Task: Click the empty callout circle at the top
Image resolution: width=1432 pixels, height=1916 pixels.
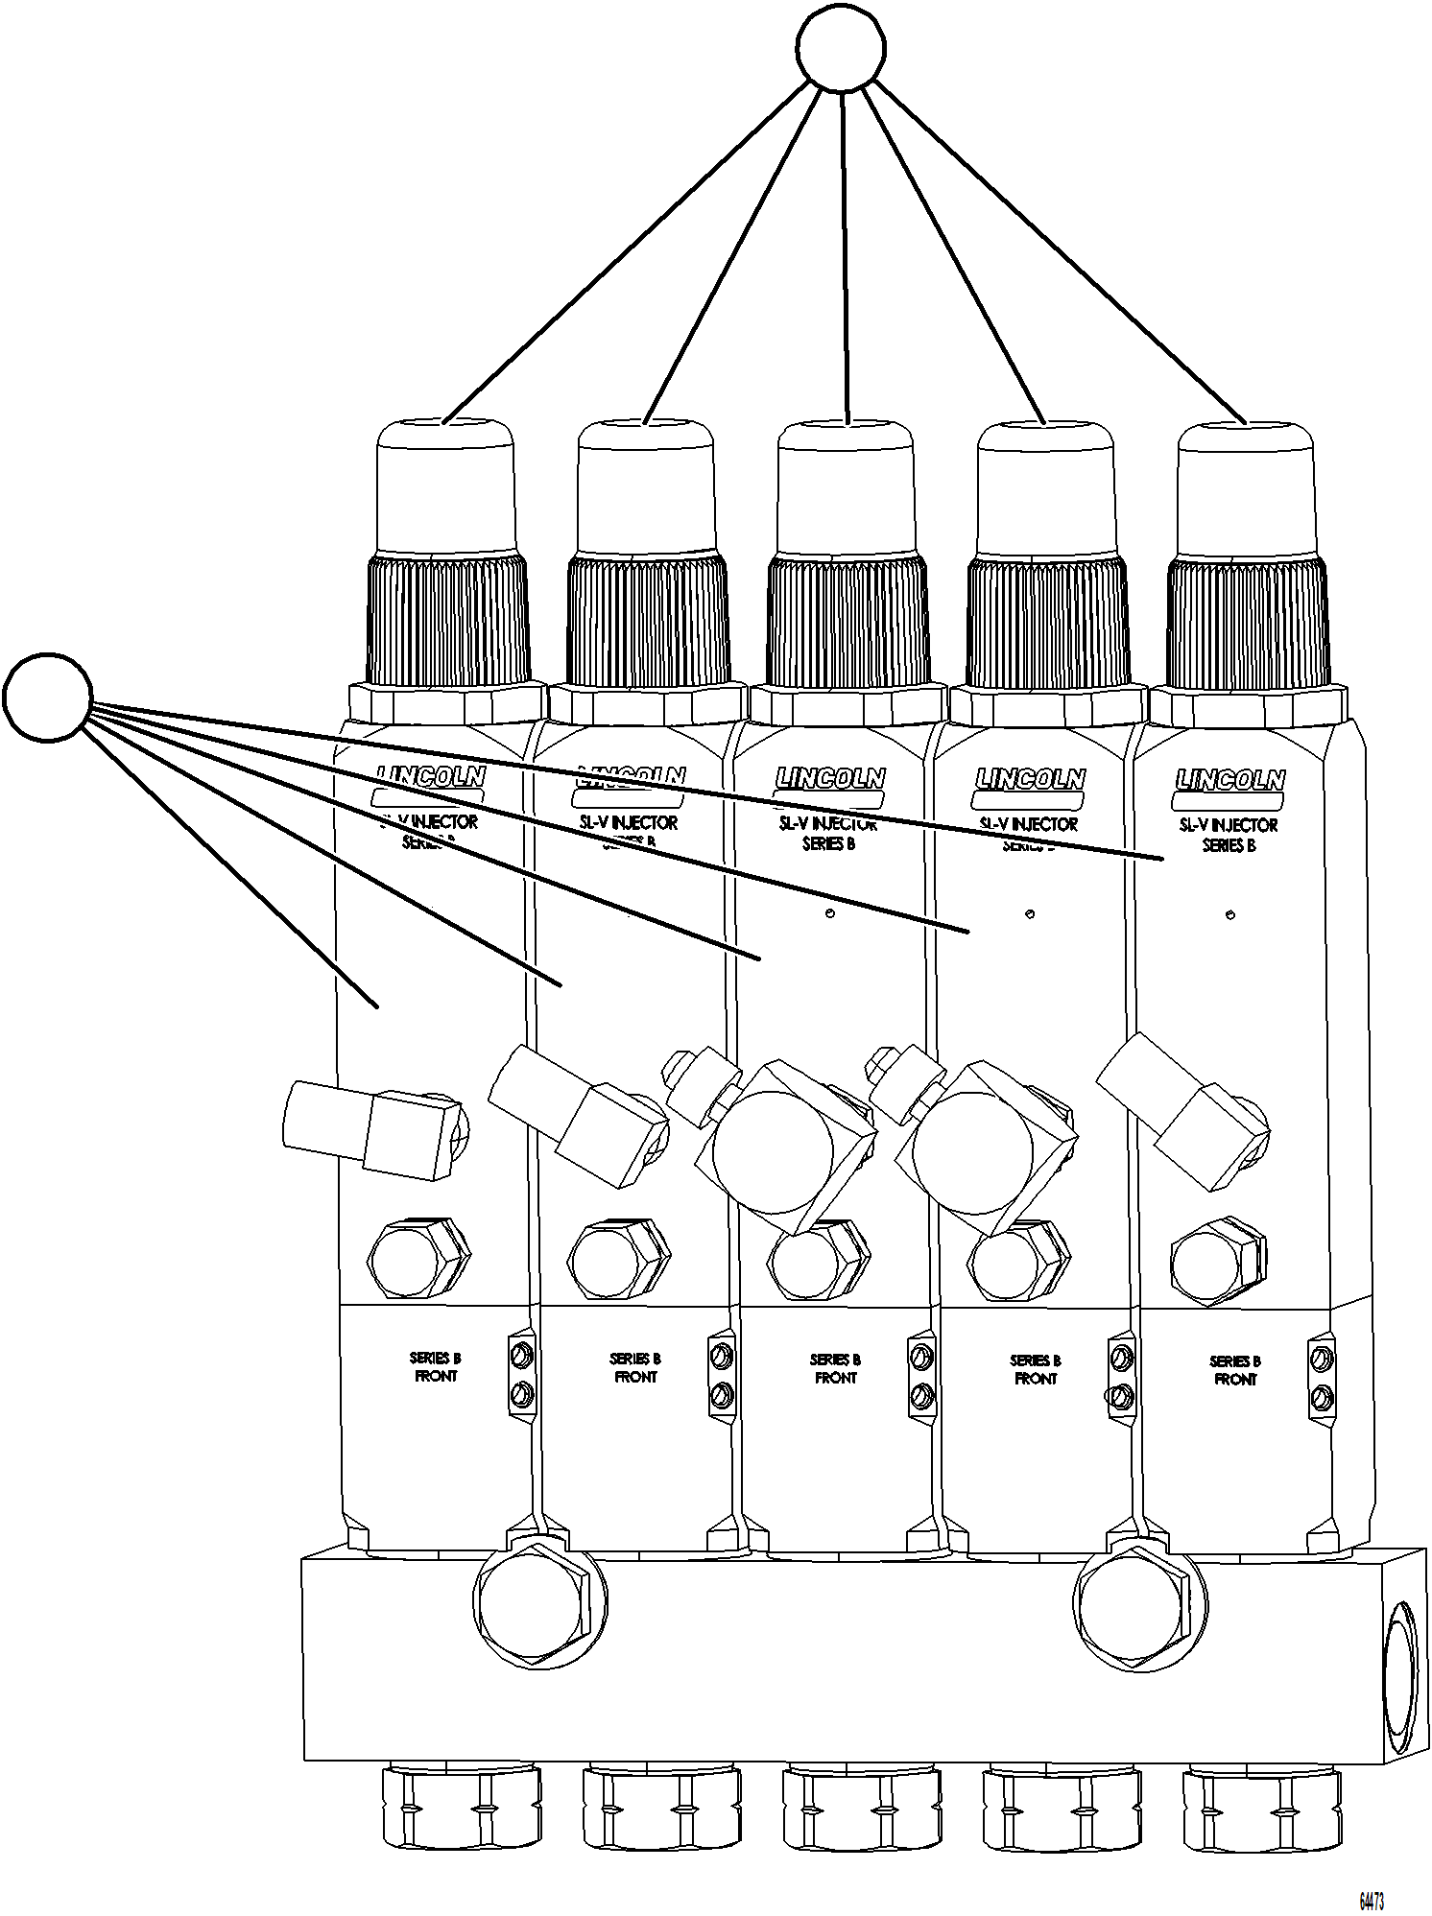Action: [x=842, y=48]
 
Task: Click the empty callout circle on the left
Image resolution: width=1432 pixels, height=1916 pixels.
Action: [x=48, y=697]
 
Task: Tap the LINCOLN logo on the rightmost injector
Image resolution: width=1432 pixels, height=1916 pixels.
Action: [x=1229, y=779]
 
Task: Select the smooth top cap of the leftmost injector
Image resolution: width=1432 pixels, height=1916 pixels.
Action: [x=445, y=487]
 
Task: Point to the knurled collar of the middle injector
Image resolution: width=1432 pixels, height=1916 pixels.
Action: [x=847, y=620]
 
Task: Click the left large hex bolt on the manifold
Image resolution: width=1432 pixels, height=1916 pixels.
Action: [x=538, y=1601]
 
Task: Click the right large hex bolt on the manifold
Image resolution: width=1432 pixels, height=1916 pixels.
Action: [x=1138, y=1601]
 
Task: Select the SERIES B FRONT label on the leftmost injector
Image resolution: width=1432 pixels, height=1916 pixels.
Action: [x=435, y=1366]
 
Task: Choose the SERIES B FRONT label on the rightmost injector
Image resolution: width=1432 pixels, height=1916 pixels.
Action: [x=1235, y=1369]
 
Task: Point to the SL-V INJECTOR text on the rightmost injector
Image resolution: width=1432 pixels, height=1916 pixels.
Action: [x=1229, y=824]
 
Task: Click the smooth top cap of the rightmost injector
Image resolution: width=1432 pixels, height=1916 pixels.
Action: [x=1246, y=489]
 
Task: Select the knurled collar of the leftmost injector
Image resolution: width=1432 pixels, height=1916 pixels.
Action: [x=447, y=619]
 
